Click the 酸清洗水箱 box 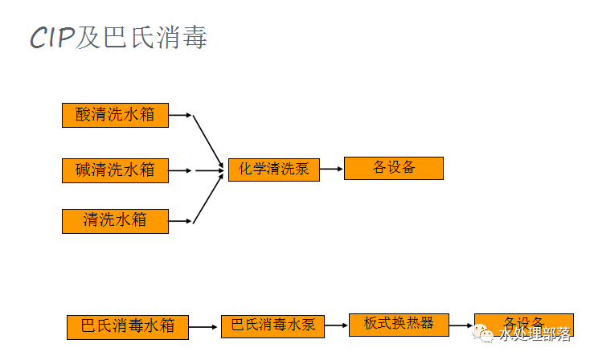pyautogui.click(x=115, y=115)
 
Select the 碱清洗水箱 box pyautogui.click(x=115, y=170)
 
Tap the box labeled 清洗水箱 pyautogui.click(x=115, y=220)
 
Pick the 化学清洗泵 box pyautogui.click(x=273, y=169)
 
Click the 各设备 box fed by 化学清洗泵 pyautogui.click(x=393, y=168)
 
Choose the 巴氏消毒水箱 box pyautogui.click(x=127, y=327)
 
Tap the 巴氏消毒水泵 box pyautogui.click(x=272, y=325)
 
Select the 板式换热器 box pyautogui.click(x=399, y=323)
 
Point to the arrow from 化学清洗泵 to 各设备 pyautogui.click(x=331, y=169)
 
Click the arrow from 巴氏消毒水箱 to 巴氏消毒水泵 pyautogui.click(x=204, y=326)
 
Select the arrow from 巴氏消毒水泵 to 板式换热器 pyautogui.click(x=337, y=325)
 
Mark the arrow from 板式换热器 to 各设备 pyautogui.click(x=461, y=325)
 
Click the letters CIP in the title pyautogui.click(x=52, y=38)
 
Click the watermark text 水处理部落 pyautogui.click(x=535, y=334)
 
